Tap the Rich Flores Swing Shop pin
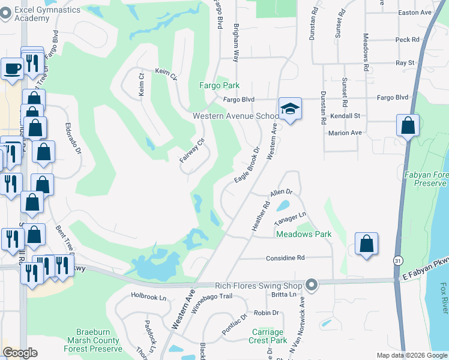(310, 284)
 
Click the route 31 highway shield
(398, 261)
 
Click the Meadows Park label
(304, 234)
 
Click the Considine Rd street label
(286, 258)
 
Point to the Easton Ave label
(414, 13)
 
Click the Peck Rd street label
(407, 40)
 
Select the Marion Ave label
(345, 133)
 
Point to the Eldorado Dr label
(73, 140)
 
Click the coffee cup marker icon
(12, 68)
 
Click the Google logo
(20, 353)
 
